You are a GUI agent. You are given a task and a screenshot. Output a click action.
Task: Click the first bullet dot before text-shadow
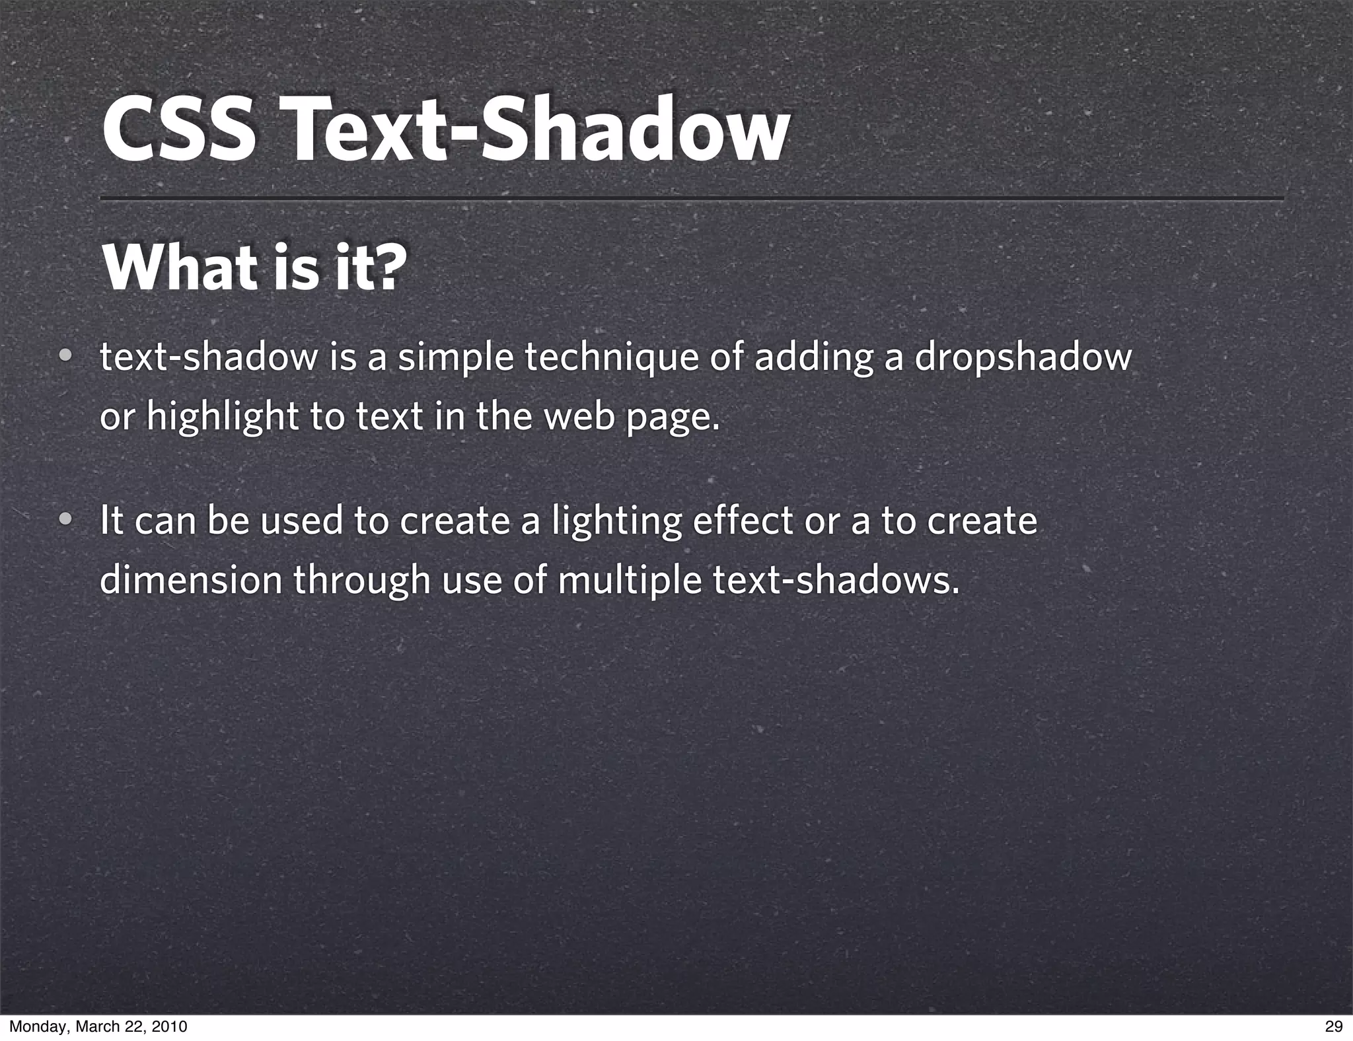65,357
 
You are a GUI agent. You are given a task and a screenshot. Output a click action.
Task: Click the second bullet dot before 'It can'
65,520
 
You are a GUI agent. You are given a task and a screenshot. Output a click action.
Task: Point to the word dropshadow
1023,358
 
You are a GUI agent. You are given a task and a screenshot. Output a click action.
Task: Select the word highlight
222,417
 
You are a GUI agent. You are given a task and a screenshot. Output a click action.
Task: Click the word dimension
191,580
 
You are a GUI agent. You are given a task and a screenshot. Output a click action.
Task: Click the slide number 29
1333,1026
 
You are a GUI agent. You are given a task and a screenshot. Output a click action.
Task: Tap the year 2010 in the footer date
170,1026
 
